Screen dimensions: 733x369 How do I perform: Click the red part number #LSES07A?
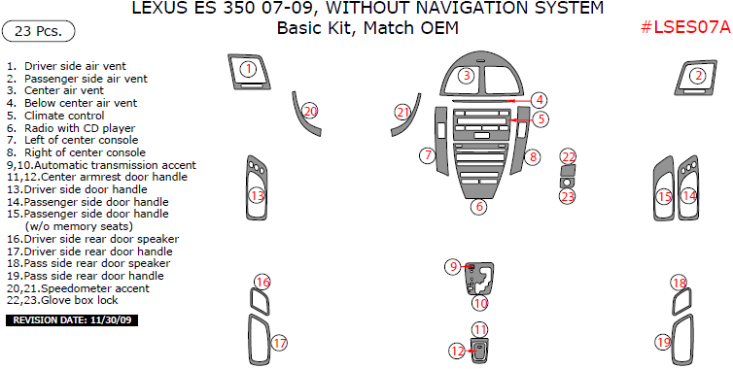click(685, 27)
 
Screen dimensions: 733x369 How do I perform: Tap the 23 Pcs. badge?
click(38, 31)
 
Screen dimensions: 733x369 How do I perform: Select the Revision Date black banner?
click(72, 320)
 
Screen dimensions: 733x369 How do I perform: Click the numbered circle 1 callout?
click(249, 70)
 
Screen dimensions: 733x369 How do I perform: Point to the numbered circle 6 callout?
click(479, 207)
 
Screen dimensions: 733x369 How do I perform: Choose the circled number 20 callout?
click(310, 111)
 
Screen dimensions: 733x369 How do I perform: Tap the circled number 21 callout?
click(403, 112)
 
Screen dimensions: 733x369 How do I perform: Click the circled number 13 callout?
click(257, 196)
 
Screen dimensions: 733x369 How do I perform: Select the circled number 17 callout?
click(279, 344)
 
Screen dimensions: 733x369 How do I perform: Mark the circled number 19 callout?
click(664, 343)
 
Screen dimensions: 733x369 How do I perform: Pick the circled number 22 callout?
click(569, 157)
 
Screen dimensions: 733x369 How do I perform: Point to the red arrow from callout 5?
click(520, 120)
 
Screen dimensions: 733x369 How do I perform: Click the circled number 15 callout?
click(664, 197)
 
